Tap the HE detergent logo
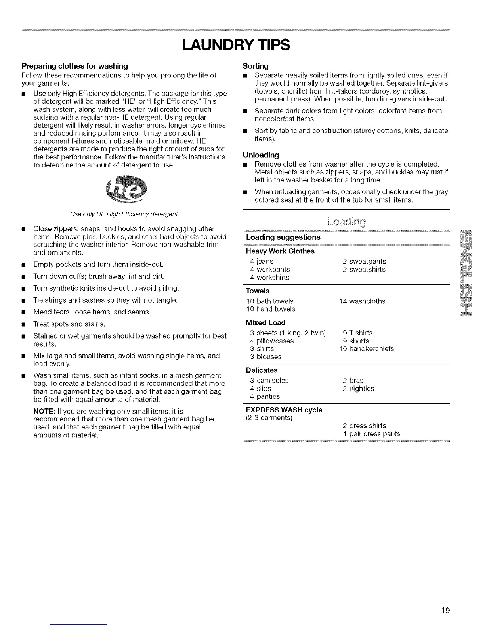124,191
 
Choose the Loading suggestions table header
283,237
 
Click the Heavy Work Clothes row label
280,251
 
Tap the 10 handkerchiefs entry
366,349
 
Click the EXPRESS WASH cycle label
284,410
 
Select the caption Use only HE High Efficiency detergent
124,214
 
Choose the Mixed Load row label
265,323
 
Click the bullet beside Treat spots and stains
25,324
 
